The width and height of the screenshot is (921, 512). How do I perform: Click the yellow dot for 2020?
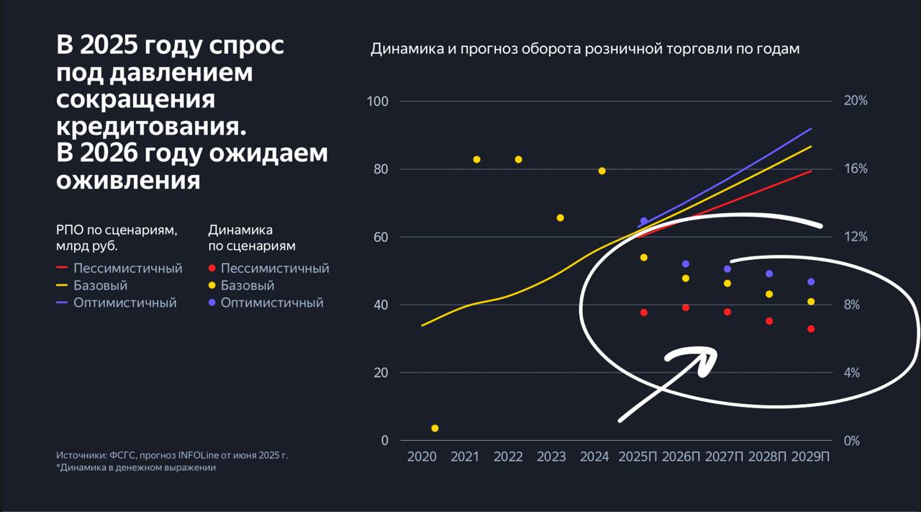click(435, 428)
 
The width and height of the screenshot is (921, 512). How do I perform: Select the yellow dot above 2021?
click(476, 159)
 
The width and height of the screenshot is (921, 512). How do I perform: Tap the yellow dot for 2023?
click(561, 217)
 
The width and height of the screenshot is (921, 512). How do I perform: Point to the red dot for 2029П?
click(811, 329)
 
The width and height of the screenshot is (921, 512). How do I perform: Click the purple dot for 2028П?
click(769, 274)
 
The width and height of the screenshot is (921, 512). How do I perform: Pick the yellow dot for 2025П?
click(644, 257)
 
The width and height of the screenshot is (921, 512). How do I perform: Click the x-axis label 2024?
click(594, 457)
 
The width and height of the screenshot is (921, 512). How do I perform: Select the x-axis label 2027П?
click(725, 457)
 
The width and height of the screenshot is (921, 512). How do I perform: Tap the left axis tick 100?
click(378, 101)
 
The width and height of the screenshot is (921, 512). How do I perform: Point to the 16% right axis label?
click(856, 169)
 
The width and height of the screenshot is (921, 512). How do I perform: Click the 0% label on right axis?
click(851, 441)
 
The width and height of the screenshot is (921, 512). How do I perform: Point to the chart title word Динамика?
click(401, 49)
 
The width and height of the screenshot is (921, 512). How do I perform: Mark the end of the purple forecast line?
click(811, 129)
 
